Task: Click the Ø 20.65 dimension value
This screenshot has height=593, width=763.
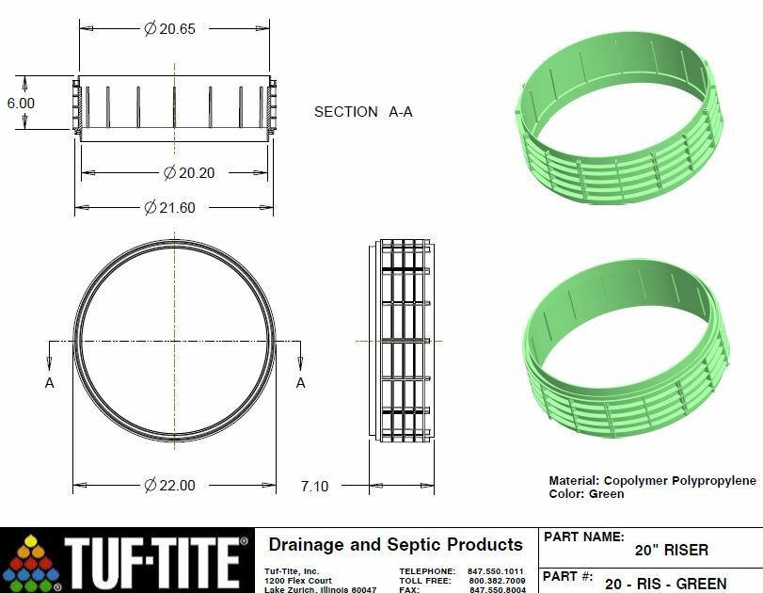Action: (x=169, y=28)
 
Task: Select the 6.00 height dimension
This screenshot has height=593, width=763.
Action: (x=21, y=103)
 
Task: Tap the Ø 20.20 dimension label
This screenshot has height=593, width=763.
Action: (x=184, y=172)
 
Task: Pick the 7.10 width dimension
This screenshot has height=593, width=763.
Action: (x=314, y=486)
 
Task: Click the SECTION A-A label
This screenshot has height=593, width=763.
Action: (x=363, y=112)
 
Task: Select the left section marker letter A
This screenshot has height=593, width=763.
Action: (x=49, y=383)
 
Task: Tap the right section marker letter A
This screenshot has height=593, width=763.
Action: (x=300, y=383)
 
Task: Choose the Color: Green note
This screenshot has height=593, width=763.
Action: (x=586, y=493)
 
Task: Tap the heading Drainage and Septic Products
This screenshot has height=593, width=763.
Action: (x=395, y=545)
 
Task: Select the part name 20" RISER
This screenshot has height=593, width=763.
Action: (x=671, y=550)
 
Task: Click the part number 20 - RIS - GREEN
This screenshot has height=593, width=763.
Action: (x=664, y=584)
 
